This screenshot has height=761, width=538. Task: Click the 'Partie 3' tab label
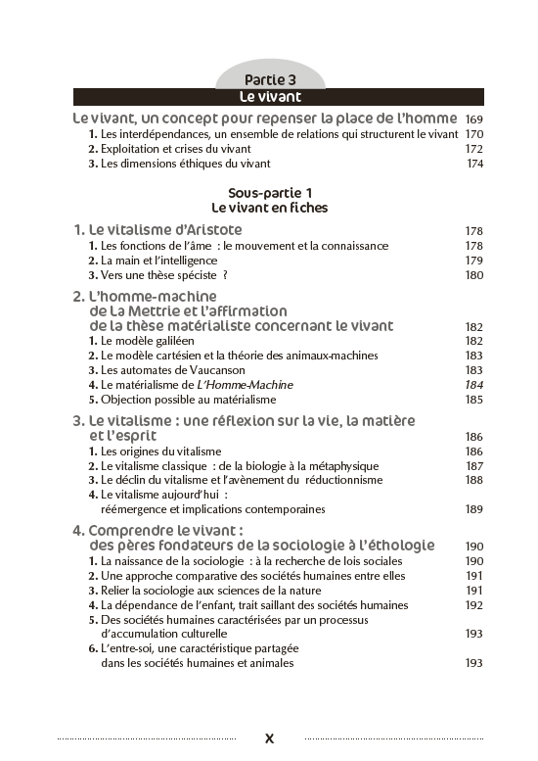269,79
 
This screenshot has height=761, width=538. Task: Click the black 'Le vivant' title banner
269,97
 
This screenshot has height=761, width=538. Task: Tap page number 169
474,119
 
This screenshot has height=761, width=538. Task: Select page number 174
474,164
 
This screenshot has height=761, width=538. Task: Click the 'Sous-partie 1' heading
269,193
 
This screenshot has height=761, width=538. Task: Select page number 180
474,275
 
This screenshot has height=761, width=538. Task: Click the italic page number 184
474,385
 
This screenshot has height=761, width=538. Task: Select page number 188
474,480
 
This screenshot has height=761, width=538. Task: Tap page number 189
474,509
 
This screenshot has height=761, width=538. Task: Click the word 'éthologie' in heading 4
399,546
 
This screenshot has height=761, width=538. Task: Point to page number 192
474,605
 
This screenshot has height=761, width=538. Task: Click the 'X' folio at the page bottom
269,738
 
